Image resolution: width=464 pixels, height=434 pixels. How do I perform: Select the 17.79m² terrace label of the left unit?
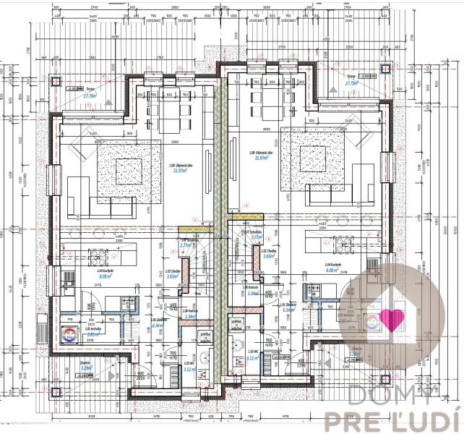click(x=90, y=95)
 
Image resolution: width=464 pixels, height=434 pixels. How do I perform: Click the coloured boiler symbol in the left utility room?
click(x=69, y=333)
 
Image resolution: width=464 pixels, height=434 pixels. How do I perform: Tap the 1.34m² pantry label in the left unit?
click(x=189, y=316)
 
